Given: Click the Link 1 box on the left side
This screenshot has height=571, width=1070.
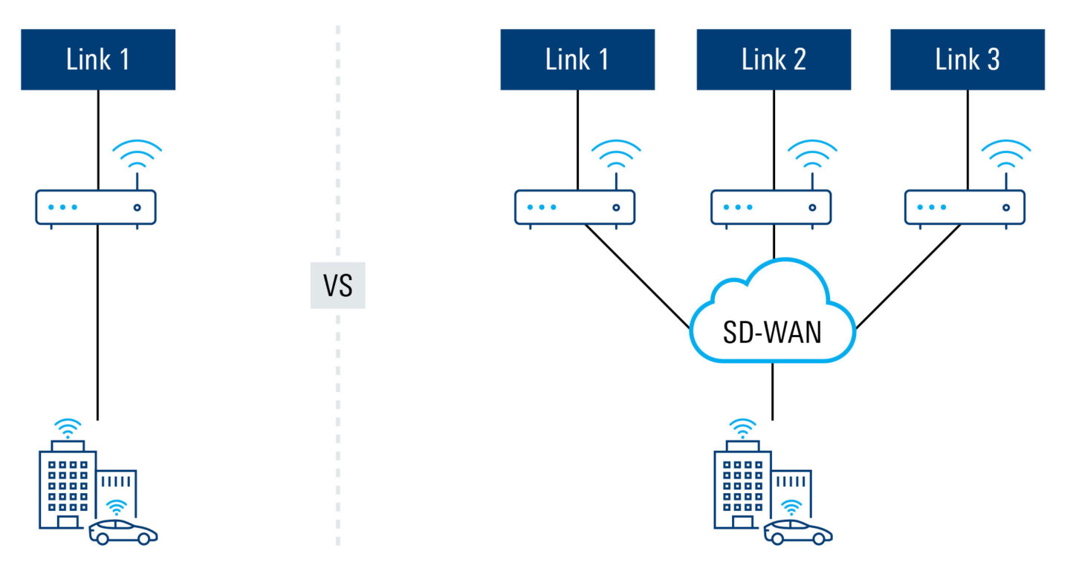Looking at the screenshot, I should point(97,59).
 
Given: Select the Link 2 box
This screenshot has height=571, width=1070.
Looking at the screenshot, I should point(774,59).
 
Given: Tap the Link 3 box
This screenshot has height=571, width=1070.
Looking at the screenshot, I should point(967,59).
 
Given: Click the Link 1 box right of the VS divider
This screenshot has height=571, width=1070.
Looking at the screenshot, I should point(577,59).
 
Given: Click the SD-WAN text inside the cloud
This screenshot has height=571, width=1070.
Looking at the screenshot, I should point(773,332).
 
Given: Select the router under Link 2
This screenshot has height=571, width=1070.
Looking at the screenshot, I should point(771,207).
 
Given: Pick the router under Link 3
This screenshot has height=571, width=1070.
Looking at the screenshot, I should point(964,207).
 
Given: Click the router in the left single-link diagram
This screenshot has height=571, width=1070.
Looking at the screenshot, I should point(96,207).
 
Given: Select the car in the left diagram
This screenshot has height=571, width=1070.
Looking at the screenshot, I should point(123,532).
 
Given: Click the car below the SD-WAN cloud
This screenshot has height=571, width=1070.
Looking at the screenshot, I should point(798,532).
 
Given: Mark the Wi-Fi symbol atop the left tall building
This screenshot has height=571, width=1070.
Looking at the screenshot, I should point(68,428).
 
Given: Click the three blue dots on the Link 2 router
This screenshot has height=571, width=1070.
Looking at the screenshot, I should point(737,207).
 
